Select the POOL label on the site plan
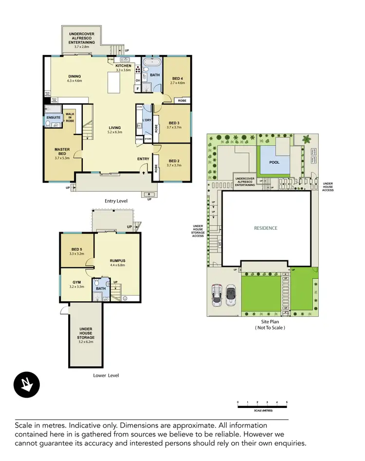click(274, 162)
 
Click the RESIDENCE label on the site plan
click(266, 228)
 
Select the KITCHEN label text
click(123, 66)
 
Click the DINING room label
click(74, 76)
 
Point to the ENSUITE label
click(53, 117)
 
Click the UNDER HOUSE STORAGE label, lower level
click(86, 336)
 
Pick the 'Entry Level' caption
click(116, 201)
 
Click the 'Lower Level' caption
click(106, 375)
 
